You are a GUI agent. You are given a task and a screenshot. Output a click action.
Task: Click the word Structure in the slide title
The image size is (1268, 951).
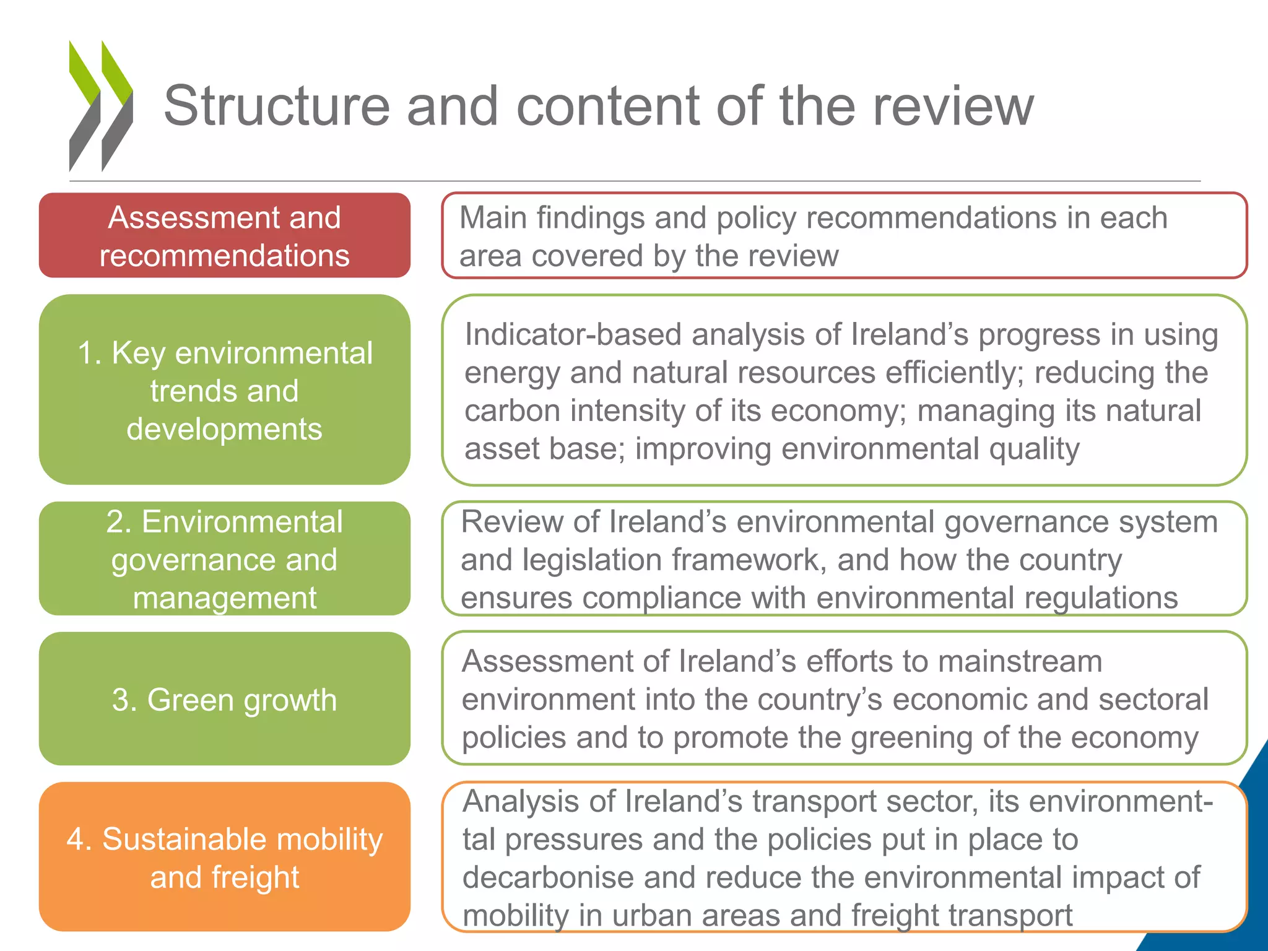[276, 106]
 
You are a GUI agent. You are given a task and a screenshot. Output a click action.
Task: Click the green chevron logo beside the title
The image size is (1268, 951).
[100, 105]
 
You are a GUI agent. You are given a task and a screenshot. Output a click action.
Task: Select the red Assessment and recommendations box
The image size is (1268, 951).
[224, 236]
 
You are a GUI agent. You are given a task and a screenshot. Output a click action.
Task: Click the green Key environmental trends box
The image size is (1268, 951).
[224, 390]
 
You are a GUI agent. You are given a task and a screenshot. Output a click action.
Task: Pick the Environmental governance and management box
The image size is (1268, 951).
[224, 559]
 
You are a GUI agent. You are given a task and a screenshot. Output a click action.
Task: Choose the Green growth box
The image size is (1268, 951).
[224, 700]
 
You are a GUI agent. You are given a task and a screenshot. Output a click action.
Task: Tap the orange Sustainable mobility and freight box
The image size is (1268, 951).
[224, 858]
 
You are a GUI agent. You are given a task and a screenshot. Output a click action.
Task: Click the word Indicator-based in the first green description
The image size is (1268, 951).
[573, 335]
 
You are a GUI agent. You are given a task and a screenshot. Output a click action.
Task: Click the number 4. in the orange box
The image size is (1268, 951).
[79, 840]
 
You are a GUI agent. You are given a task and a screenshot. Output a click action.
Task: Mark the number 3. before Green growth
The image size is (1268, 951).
[124, 700]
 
